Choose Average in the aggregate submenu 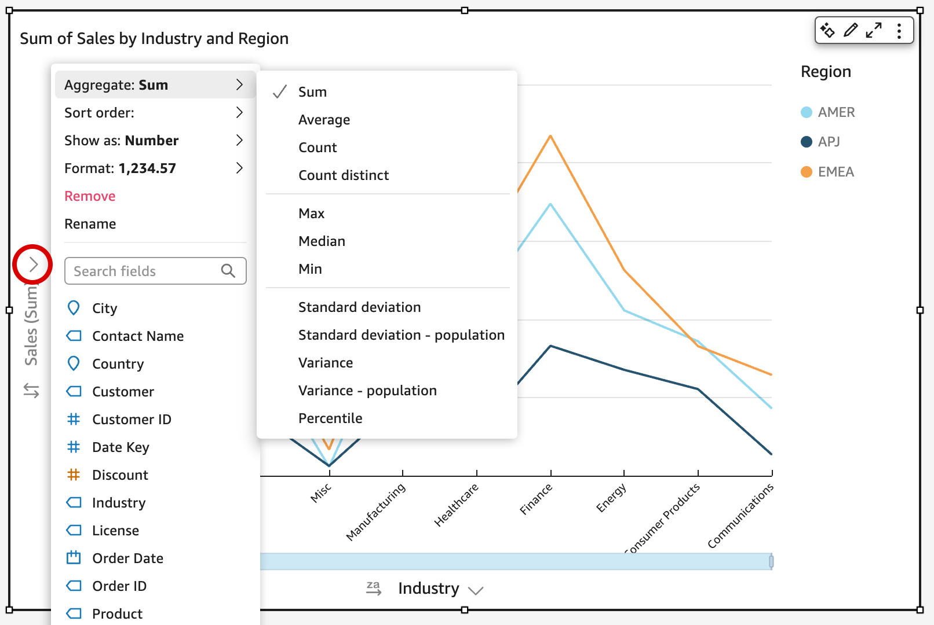coord(324,120)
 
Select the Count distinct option coord(343,175)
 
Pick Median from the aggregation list coord(322,241)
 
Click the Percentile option coord(330,418)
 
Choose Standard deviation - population coord(401,335)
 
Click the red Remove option coord(90,196)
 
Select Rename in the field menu coord(90,224)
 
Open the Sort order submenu coord(154,113)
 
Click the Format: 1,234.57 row coord(154,168)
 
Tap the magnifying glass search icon coord(228,271)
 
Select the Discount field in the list coord(120,475)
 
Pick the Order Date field coord(127,558)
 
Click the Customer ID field coord(132,420)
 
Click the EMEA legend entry coord(835,172)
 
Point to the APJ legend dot coord(806,142)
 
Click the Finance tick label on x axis coord(536,499)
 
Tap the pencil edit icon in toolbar coord(851,30)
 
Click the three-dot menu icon coord(899,31)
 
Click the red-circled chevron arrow coord(33,264)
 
